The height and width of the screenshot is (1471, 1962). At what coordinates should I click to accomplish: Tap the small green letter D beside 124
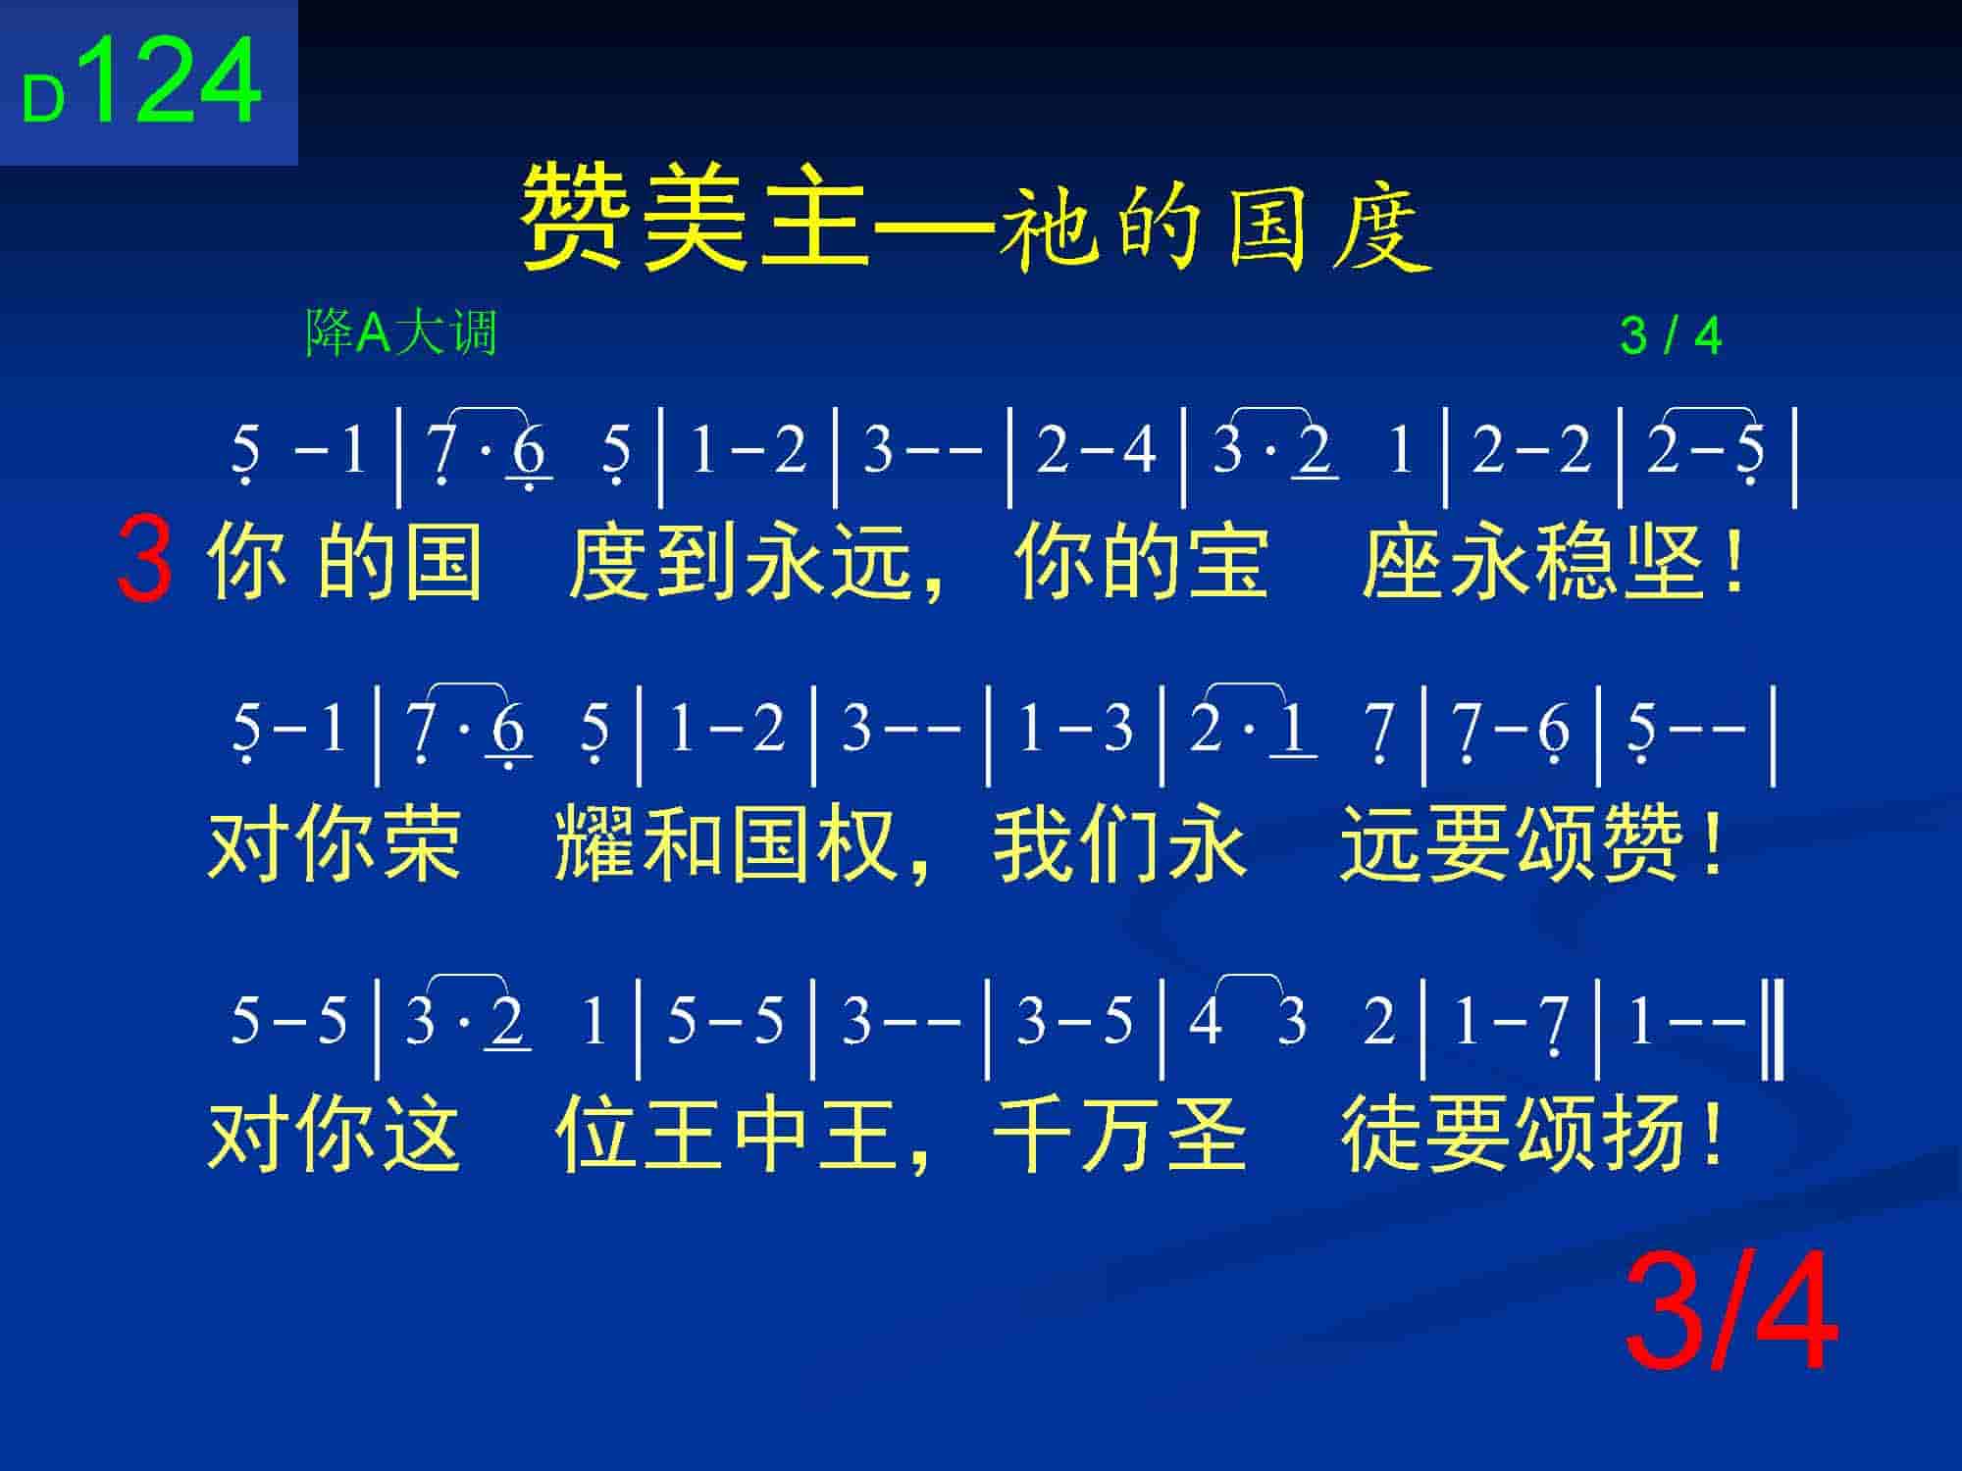(43, 100)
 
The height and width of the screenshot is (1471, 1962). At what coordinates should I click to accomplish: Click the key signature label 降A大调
(401, 332)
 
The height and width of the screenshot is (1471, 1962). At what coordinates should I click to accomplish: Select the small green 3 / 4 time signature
(1671, 336)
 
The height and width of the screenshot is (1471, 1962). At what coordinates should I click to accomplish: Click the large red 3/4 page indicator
(1731, 1312)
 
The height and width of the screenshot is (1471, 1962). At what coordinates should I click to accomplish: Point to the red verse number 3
(144, 559)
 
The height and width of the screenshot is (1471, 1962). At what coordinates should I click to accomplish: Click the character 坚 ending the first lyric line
(1665, 561)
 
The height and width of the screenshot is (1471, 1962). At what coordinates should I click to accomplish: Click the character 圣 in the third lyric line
(1206, 1134)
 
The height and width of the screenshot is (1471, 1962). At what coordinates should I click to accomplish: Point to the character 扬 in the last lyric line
(1643, 1134)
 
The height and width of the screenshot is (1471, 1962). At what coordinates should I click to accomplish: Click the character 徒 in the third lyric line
(1382, 1134)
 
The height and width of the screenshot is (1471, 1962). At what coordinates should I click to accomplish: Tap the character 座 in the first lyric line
(1404, 561)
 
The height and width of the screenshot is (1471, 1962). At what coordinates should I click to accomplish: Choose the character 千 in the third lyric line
(1033, 1134)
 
